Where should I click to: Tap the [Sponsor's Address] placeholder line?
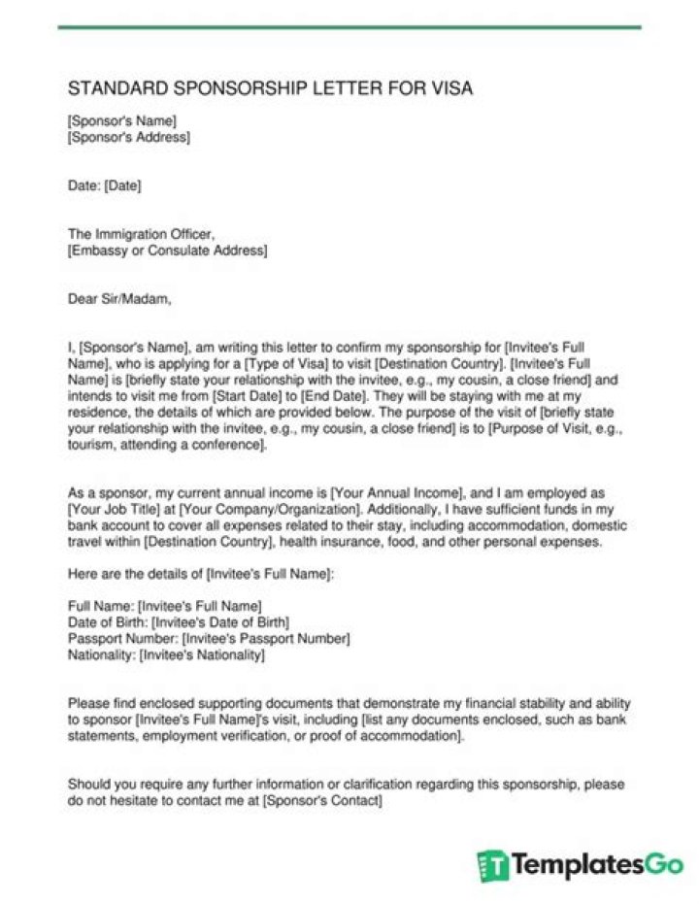tap(129, 138)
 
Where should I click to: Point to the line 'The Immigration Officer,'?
tap(140, 234)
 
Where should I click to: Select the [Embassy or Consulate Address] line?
tap(167, 251)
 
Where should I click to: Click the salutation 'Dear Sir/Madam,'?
tap(119, 298)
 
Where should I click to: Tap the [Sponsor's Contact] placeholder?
tap(322, 801)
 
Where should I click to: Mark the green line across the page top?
tap(349, 27)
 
